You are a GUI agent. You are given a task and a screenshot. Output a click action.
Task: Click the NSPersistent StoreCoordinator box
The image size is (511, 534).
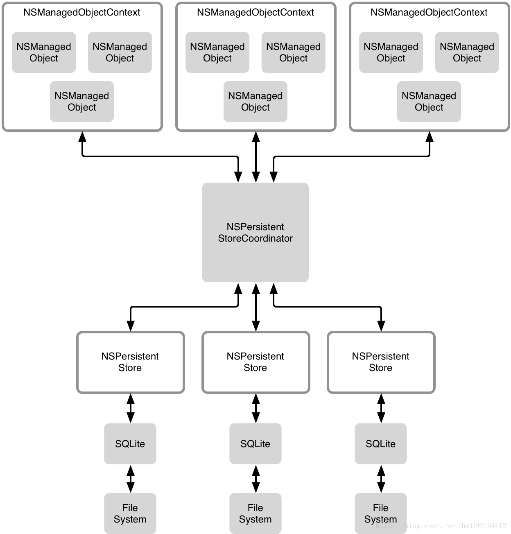[x=255, y=232]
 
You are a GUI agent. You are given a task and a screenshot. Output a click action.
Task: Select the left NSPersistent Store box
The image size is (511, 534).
[x=130, y=362]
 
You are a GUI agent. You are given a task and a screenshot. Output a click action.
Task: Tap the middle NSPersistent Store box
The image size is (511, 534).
[x=256, y=362]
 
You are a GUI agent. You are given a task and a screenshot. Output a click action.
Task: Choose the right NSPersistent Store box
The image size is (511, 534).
[x=381, y=362]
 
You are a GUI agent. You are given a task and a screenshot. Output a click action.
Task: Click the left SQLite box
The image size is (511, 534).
[x=130, y=443]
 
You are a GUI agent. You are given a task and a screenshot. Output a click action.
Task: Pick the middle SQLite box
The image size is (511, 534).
[x=255, y=443]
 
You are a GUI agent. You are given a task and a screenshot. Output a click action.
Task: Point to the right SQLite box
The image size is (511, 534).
[x=381, y=443]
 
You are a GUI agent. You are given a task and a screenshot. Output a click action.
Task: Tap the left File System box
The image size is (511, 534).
[x=130, y=513]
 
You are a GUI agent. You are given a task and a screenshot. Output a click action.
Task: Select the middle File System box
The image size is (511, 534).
[x=255, y=513]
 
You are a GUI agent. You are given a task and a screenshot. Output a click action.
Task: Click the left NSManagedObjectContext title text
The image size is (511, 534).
[x=82, y=12]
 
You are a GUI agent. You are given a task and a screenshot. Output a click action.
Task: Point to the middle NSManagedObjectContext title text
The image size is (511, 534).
[x=255, y=12]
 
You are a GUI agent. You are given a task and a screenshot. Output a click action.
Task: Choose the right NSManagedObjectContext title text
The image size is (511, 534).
[x=429, y=12]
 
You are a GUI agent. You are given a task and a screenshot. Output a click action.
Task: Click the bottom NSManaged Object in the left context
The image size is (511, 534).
[x=82, y=101]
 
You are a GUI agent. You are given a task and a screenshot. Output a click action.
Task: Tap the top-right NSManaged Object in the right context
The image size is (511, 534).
[x=467, y=52]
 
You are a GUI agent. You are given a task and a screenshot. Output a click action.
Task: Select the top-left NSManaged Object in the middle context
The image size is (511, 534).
[x=217, y=52]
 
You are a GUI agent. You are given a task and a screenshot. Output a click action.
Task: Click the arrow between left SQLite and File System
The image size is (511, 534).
[x=131, y=479]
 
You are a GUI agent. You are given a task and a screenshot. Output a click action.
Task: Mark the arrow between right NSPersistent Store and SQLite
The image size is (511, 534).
[x=381, y=408]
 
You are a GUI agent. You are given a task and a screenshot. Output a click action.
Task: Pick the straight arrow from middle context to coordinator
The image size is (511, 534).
[x=256, y=157]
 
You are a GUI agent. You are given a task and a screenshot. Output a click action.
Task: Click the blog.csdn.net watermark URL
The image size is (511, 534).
[x=441, y=525]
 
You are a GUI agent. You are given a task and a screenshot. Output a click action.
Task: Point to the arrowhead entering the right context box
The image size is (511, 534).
[x=430, y=136]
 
